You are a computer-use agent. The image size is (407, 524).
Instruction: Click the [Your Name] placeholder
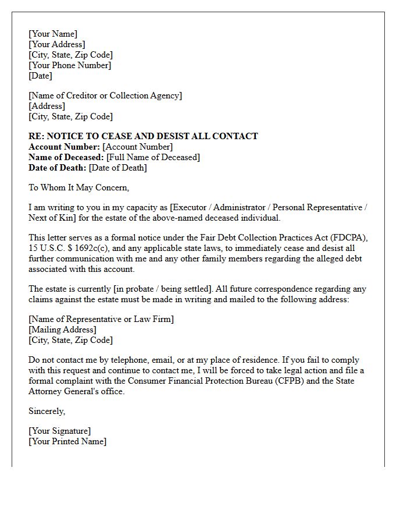coord(53,34)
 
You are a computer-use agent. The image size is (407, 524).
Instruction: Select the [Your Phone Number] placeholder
coord(70,65)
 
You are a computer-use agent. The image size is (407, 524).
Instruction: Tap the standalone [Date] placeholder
coord(40,76)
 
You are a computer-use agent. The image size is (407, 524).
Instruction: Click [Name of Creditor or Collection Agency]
coord(105,95)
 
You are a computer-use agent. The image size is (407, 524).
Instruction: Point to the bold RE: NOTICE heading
coord(143,136)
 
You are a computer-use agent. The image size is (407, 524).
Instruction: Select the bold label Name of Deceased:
coord(66,157)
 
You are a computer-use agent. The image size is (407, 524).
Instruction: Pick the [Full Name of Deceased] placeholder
coord(153,157)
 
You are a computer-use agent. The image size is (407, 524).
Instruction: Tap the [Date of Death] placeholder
coord(118,168)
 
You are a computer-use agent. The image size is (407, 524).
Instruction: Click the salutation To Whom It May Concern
coord(78,187)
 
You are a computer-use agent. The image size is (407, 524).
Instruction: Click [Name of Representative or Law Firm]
coord(101,319)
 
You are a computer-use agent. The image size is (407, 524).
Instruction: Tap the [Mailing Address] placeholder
coord(62,330)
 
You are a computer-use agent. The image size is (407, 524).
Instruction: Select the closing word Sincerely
coord(47,411)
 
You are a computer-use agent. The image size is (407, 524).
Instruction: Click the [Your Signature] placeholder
coord(59,431)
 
